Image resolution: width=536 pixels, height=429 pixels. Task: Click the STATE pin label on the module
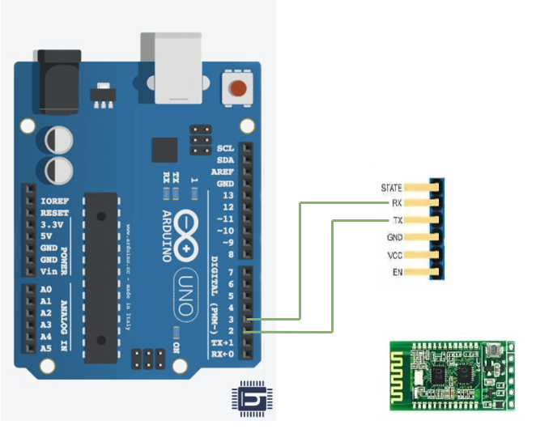coord(391,188)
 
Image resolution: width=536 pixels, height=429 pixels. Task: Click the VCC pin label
coord(395,255)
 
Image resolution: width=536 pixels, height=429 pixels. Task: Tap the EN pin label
coord(398,272)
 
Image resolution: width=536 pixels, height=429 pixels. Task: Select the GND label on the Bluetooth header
coord(394,238)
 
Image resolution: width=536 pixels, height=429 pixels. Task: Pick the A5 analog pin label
coord(45,347)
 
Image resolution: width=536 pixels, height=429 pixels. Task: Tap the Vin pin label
coord(49,271)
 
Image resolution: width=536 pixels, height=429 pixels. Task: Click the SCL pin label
coord(225,149)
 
